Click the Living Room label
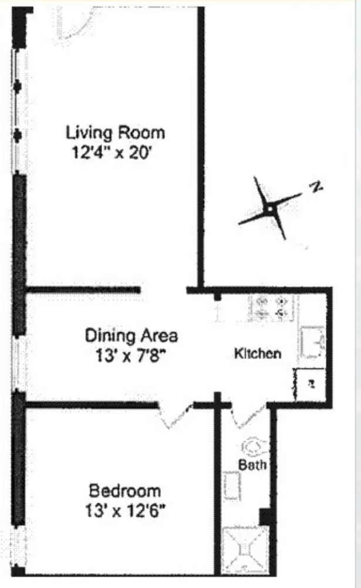tap(115, 132)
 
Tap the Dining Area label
tap(131, 336)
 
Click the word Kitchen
tap(257, 354)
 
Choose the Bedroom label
tap(124, 490)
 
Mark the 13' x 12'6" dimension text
tap(124, 510)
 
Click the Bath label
tap(252, 465)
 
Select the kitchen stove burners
tap(271, 307)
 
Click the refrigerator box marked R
tap(309, 385)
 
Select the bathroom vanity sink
tap(232, 486)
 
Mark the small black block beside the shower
tap(265, 517)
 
